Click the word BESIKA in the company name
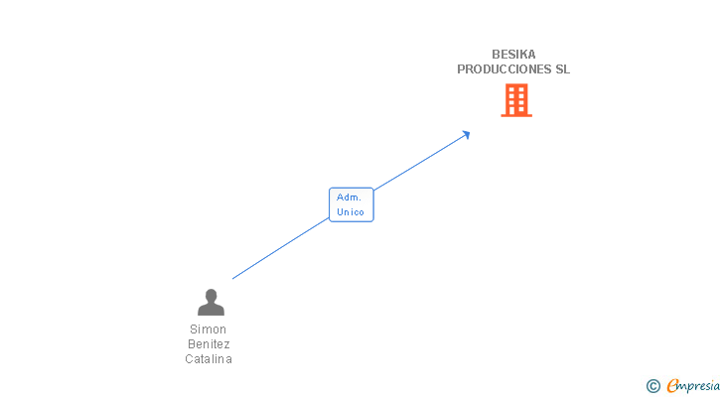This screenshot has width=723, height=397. pyautogui.click(x=513, y=55)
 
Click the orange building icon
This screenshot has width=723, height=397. pyautogui.click(x=516, y=100)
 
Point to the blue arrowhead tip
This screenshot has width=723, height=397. pyautogui.click(x=470, y=132)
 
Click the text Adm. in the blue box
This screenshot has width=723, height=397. pyautogui.click(x=349, y=198)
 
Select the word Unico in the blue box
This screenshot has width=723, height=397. pyautogui.click(x=351, y=211)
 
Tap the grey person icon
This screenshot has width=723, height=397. pyautogui.click(x=211, y=302)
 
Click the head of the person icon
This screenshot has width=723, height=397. pyautogui.click(x=211, y=295)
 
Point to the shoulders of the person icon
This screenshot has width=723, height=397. pyautogui.click(x=211, y=310)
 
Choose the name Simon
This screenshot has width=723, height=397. pyautogui.click(x=208, y=330)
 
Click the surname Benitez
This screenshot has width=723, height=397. pyautogui.click(x=209, y=344)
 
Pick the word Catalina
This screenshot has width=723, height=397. pyautogui.click(x=209, y=358)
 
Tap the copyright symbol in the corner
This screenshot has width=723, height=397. pyautogui.click(x=652, y=386)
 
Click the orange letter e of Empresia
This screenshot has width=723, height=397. pyautogui.click(x=673, y=385)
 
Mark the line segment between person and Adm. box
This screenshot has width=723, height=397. pyautogui.click(x=281, y=248)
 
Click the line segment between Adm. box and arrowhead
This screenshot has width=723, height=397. pyautogui.click(x=421, y=161)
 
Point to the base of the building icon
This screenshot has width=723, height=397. pyautogui.click(x=516, y=115)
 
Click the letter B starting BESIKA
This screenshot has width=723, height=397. pyautogui.click(x=496, y=55)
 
